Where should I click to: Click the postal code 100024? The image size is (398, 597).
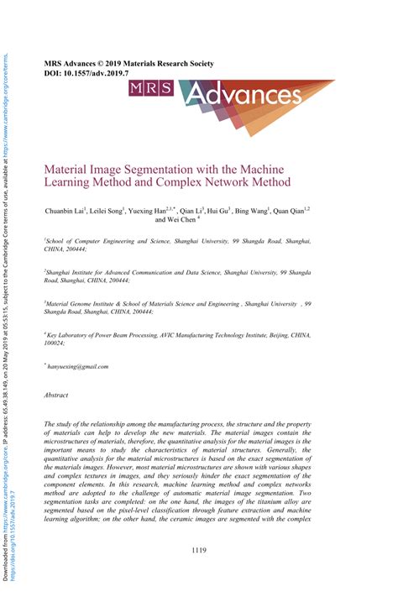(56, 343)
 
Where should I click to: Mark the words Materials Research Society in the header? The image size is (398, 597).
(175, 63)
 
